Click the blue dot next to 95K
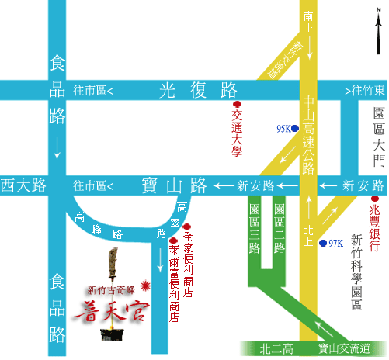295,129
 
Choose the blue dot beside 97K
322,242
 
